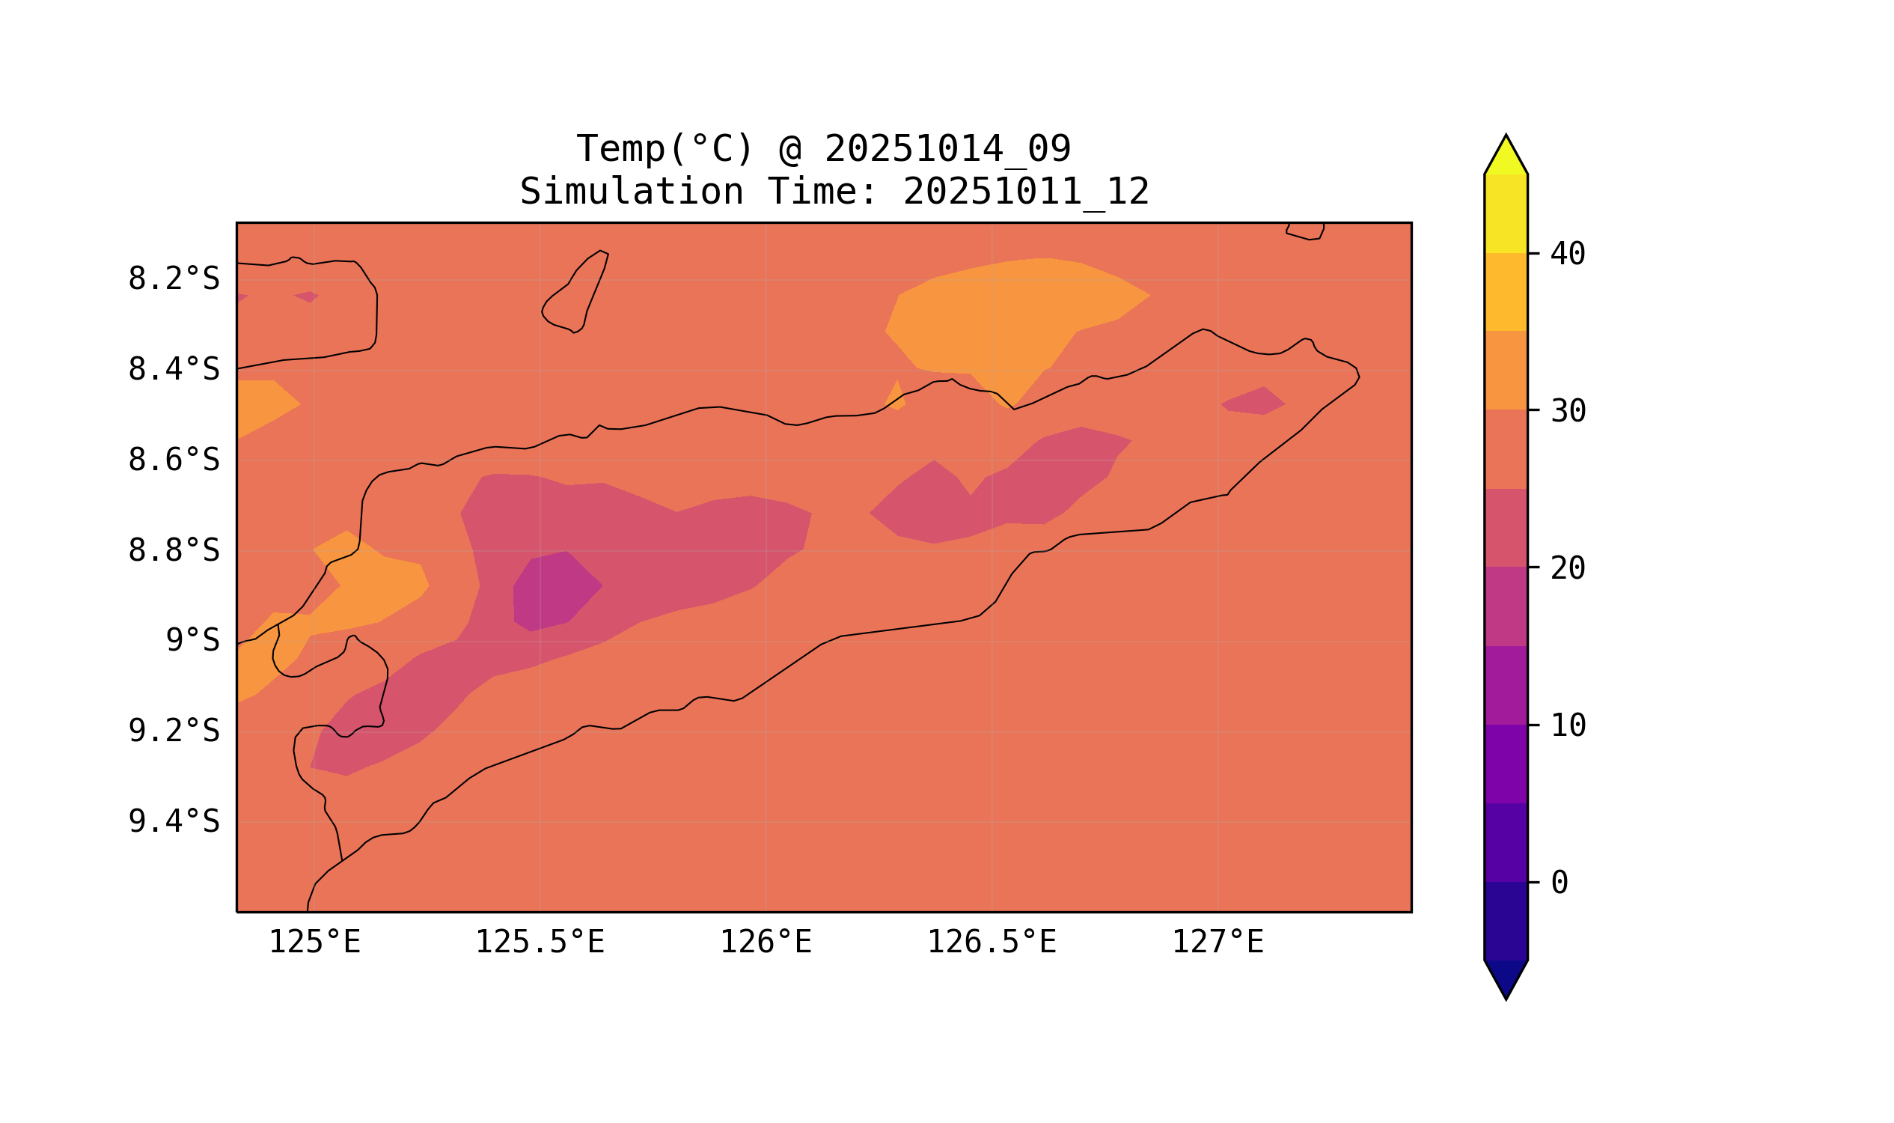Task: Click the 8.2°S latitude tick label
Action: tap(173, 279)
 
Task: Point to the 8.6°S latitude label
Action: tap(173, 460)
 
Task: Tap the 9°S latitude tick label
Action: tap(192, 641)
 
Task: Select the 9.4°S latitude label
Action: tap(173, 821)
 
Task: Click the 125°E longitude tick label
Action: tap(314, 943)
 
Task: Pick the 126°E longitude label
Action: tap(766, 943)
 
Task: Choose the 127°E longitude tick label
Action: tap(1217, 943)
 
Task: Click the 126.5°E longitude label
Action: tap(992, 943)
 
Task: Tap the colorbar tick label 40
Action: tap(1567, 255)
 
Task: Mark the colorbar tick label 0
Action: tap(1559, 883)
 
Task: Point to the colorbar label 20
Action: tap(1567, 568)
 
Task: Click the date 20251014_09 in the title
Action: tap(947, 149)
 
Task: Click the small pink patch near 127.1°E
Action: tap(1253, 401)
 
